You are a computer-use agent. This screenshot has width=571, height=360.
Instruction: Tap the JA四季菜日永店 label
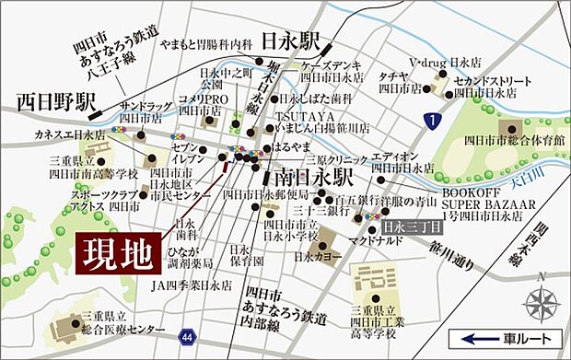click(x=192, y=285)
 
